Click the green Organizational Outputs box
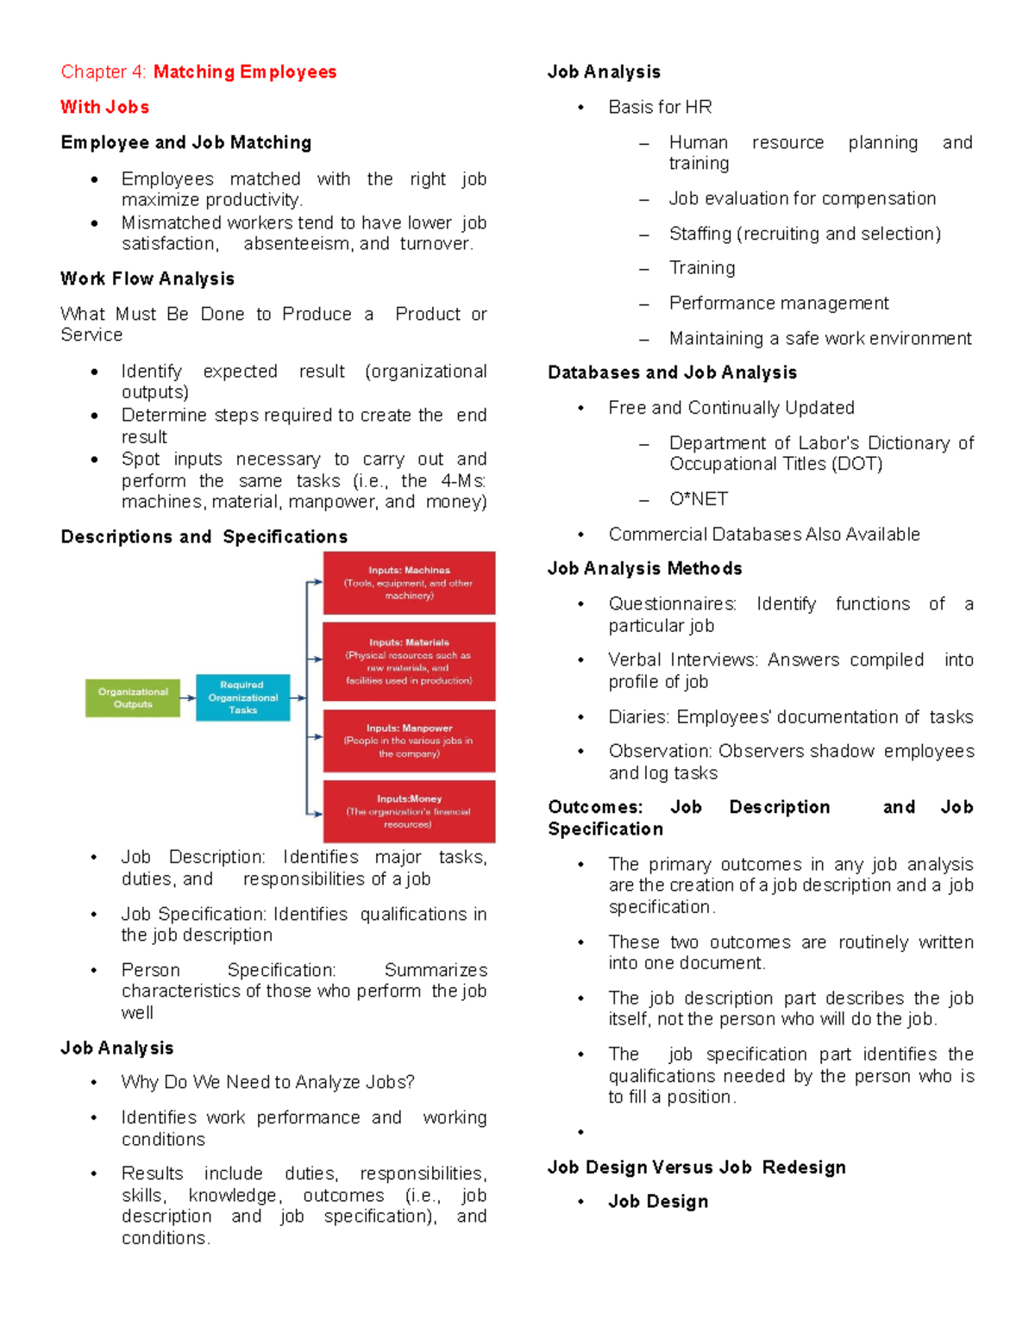coord(133,698)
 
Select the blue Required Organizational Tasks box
coord(242,698)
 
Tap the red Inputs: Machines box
coord(409,583)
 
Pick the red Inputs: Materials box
coord(409,661)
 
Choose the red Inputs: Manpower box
coord(409,741)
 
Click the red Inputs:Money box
coord(409,811)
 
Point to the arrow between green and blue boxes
coord(188,698)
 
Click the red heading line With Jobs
coord(104,107)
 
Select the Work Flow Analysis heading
coord(147,278)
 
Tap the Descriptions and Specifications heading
coord(204,536)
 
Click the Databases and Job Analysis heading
coord(672,372)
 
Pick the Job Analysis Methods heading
coord(644,568)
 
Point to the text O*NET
coord(698,499)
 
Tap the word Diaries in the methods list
coord(638,716)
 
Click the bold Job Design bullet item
coord(658,1201)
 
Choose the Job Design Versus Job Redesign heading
coord(696,1167)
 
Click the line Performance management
coord(778,303)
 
